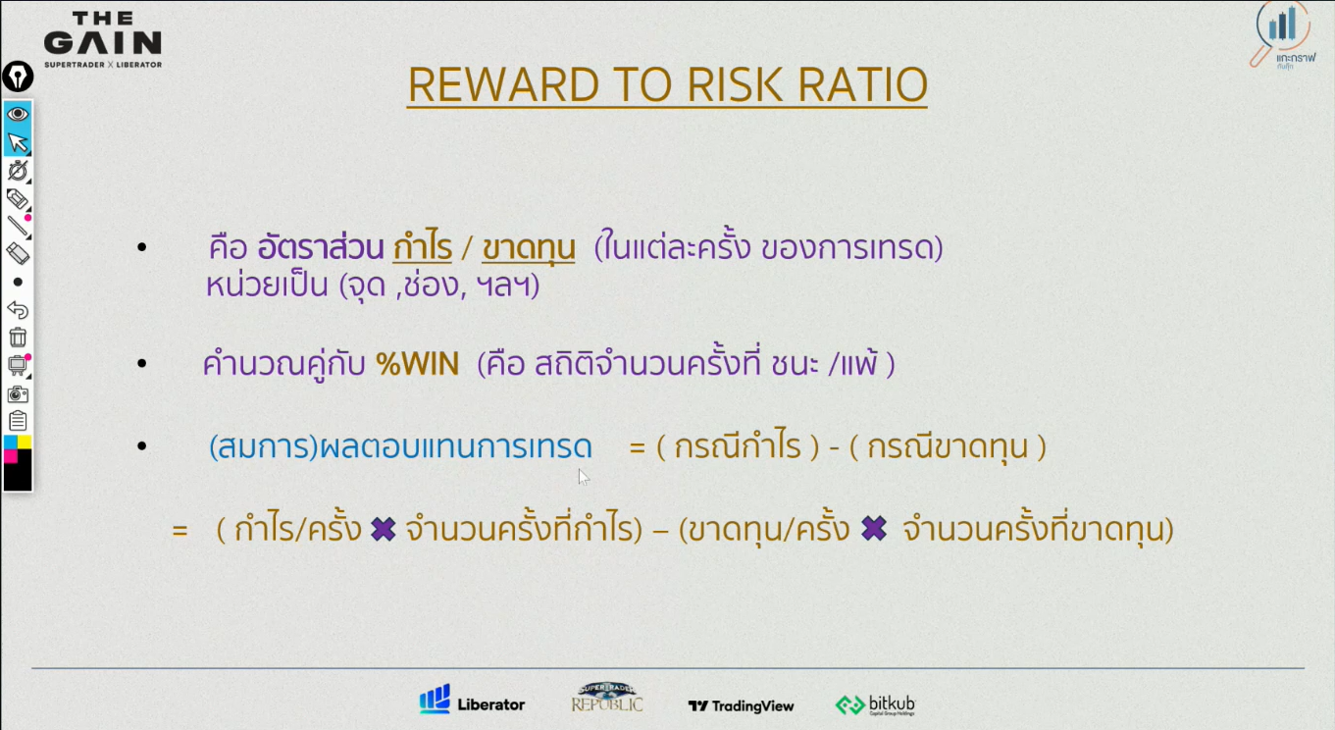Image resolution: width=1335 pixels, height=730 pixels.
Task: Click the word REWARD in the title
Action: (x=503, y=84)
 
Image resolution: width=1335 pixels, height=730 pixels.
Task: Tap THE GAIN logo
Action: (x=103, y=39)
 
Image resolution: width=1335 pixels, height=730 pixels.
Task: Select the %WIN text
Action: (x=417, y=363)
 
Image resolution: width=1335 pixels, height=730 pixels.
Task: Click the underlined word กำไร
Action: (x=422, y=247)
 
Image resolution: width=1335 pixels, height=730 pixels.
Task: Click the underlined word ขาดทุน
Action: (x=529, y=248)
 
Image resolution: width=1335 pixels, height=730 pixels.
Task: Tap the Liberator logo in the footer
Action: (x=472, y=700)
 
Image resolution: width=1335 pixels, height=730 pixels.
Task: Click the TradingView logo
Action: (x=741, y=706)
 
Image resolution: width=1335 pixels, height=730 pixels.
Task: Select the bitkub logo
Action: (x=875, y=704)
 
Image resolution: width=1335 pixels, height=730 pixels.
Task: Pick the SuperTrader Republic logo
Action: (x=607, y=698)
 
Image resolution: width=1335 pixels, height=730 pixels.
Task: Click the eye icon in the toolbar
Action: (x=18, y=114)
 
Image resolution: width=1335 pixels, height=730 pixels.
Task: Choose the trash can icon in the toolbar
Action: (x=18, y=338)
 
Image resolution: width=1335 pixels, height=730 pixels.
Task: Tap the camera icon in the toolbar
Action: (x=18, y=393)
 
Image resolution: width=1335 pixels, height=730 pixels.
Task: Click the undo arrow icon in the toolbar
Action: (x=18, y=310)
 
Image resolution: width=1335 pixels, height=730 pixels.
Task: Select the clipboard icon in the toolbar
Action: (x=18, y=421)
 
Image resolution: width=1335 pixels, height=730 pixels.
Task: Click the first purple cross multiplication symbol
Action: (x=384, y=529)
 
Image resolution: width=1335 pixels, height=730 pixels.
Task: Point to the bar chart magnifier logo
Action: (x=1282, y=35)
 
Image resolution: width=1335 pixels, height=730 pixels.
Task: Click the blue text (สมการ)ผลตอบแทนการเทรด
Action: (x=400, y=447)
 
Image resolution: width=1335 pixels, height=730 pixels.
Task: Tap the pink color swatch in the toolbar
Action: (x=10, y=456)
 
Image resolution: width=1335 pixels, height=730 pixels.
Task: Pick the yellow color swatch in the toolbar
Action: (x=25, y=443)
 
